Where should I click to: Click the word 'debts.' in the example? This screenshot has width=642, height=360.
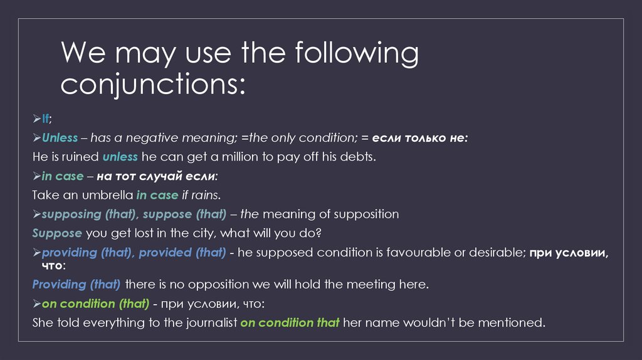click(x=358, y=157)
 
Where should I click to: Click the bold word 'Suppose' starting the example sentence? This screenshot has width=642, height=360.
click(x=57, y=233)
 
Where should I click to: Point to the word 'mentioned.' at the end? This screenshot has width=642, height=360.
click(x=515, y=323)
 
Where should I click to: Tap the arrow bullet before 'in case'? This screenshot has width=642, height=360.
click(x=36, y=176)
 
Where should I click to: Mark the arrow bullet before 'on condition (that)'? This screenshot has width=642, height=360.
click(x=36, y=304)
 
